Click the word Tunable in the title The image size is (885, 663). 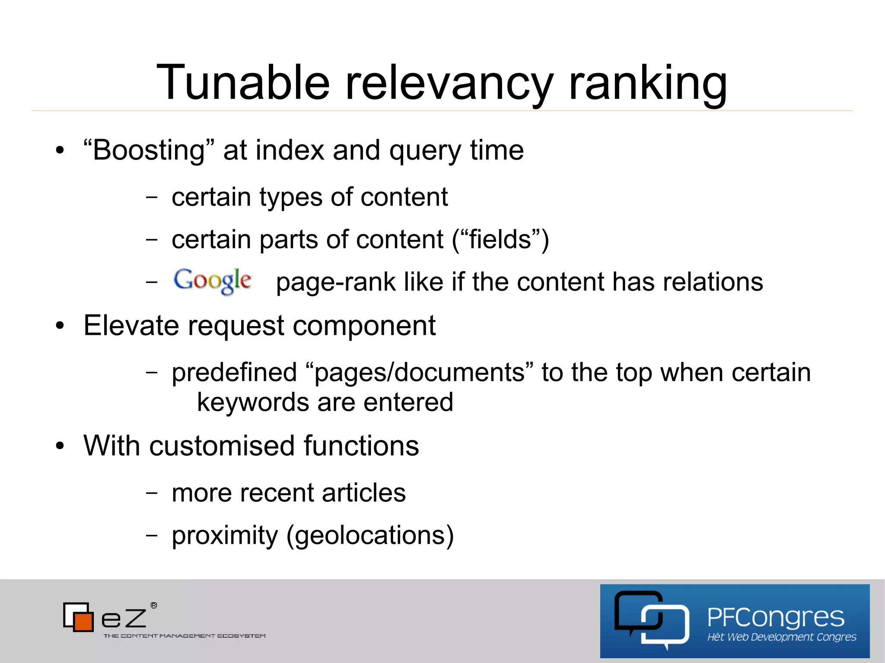click(x=243, y=82)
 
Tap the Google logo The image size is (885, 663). click(x=212, y=281)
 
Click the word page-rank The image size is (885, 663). click(x=335, y=282)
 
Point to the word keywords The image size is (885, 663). click(x=253, y=403)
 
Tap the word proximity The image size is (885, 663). click(x=225, y=536)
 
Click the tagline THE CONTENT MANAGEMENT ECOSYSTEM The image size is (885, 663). click(x=185, y=636)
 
